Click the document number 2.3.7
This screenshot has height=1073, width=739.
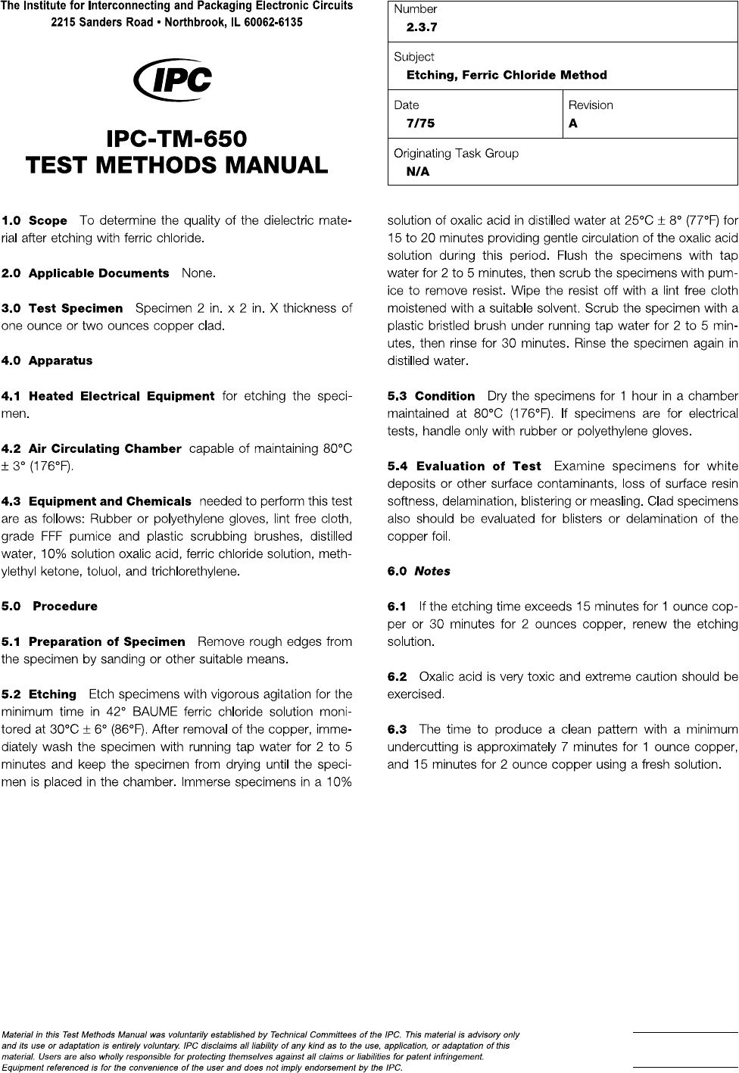(x=422, y=27)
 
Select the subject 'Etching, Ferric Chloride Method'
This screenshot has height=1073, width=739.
(x=507, y=75)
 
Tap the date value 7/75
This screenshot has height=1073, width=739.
(x=420, y=123)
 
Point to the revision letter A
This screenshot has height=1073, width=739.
(x=573, y=123)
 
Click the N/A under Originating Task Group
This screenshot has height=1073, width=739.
(x=418, y=172)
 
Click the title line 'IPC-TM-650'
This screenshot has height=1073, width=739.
(x=176, y=139)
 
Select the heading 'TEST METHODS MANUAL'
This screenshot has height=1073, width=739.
(x=176, y=164)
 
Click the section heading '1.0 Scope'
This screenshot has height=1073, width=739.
(x=35, y=221)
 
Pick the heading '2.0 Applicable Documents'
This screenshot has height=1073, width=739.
(x=85, y=273)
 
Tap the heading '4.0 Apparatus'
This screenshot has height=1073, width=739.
(x=47, y=361)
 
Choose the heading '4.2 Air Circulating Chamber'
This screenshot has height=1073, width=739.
(x=92, y=449)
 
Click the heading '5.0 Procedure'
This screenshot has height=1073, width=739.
(x=50, y=607)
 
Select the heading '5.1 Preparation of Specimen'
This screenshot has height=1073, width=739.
(x=93, y=642)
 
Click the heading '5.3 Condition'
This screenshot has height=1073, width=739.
(x=431, y=396)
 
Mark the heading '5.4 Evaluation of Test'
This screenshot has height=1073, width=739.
(x=464, y=466)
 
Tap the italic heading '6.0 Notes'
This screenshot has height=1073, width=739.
(x=419, y=572)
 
